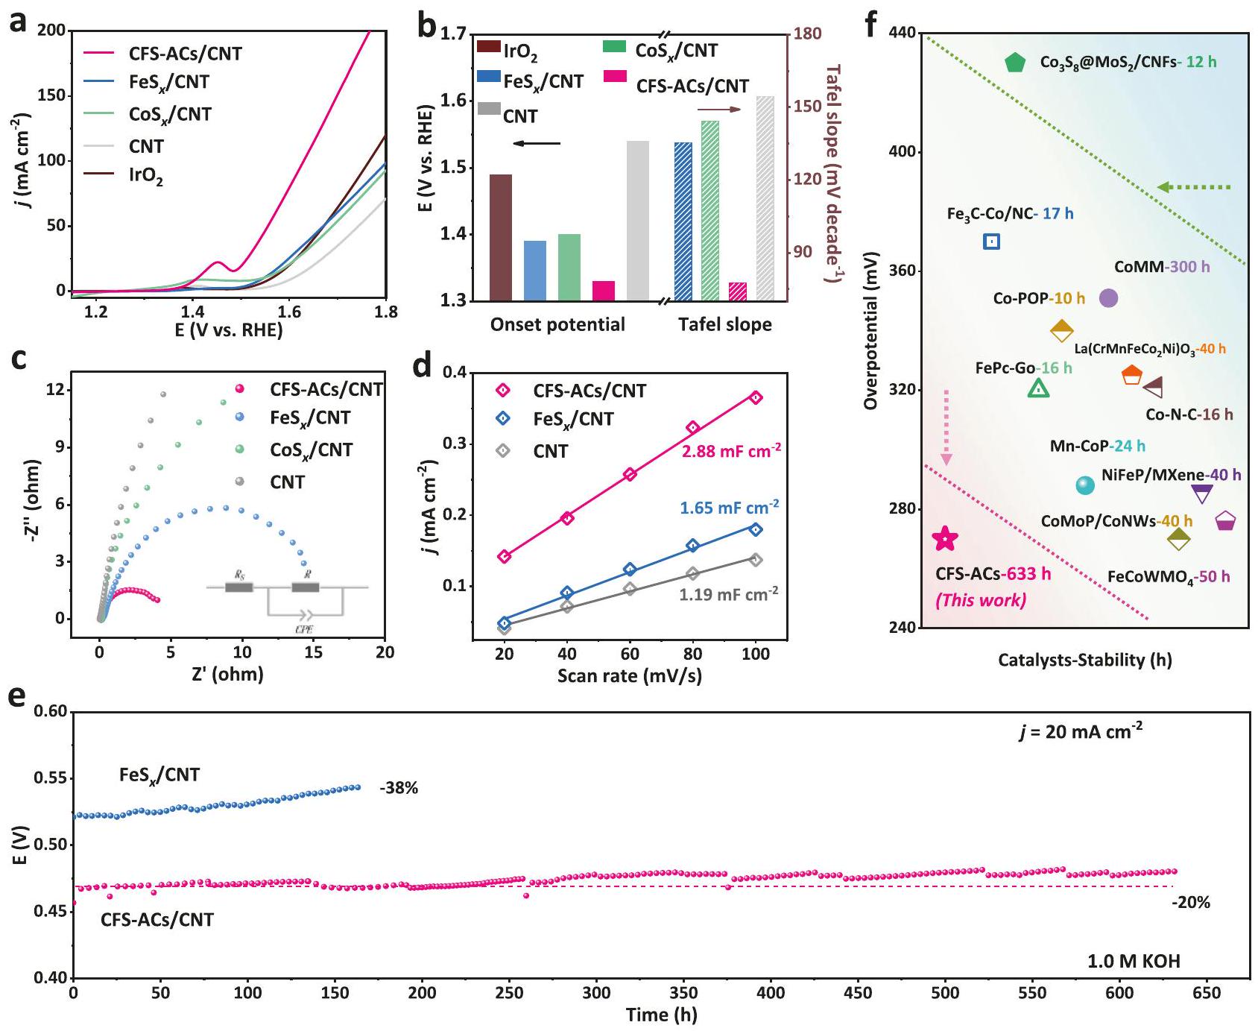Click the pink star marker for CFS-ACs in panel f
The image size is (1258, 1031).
point(945,538)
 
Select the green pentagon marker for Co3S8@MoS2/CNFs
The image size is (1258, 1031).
point(1015,63)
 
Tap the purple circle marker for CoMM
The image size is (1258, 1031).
point(1108,298)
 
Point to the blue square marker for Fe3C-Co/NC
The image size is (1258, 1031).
point(991,242)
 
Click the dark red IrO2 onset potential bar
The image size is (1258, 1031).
point(501,237)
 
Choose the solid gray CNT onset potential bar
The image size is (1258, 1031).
point(637,221)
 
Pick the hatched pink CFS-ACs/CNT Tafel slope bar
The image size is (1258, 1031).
point(737,291)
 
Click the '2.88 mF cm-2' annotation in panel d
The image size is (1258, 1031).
point(731,451)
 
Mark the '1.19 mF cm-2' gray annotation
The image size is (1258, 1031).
point(728,594)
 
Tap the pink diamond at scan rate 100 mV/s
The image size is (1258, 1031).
point(756,398)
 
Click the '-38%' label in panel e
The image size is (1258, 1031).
point(399,788)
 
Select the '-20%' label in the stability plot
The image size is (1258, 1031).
point(1190,903)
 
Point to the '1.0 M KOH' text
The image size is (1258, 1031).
point(1134,961)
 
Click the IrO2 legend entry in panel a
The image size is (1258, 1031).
point(146,177)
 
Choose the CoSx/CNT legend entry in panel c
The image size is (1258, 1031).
point(311,450)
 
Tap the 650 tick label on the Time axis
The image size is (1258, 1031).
point(1207,993)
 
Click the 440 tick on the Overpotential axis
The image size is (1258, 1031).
point(903,34)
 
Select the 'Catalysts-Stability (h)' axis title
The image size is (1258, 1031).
point(1084,660)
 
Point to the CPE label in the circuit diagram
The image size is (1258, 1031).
point(304,628)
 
